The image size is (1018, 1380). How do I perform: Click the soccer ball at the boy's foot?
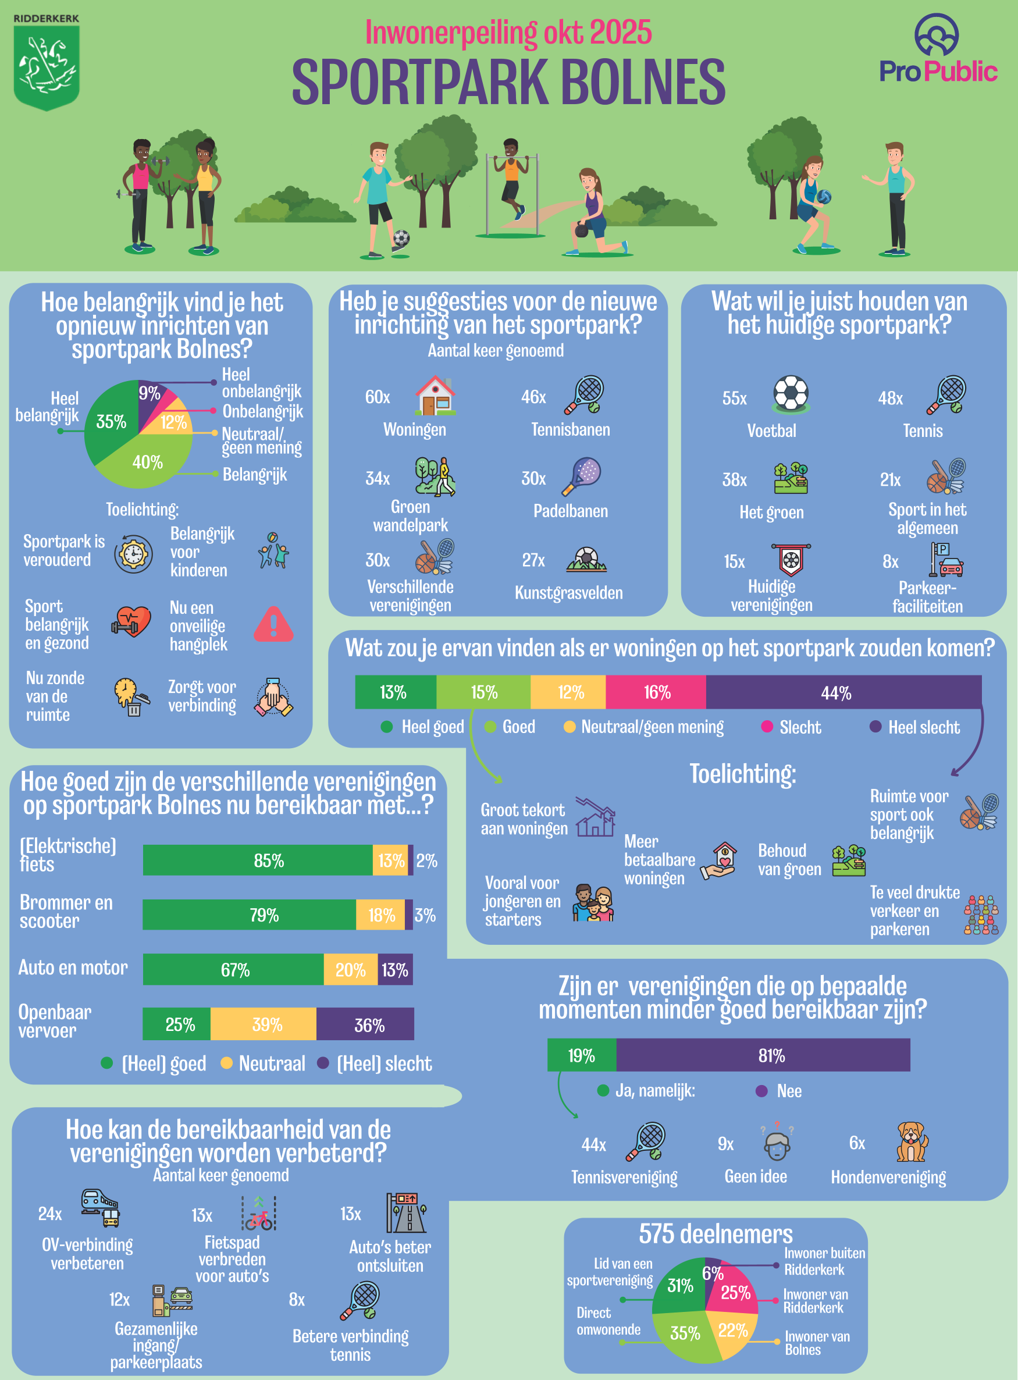click(401, 237)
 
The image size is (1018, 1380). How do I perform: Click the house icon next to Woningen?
click(435, 395)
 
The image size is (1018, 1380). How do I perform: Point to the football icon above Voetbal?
click(791, 393)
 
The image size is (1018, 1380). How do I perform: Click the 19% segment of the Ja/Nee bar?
click(581, 1055)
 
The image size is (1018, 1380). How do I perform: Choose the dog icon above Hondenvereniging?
click(912, 1142)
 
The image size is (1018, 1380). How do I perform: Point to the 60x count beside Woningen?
click(377, 397)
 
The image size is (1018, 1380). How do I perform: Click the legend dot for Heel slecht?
click(875, 727)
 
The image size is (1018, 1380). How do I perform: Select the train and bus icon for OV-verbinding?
click(101, 1207)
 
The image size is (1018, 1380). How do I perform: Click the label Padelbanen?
click(570, 511)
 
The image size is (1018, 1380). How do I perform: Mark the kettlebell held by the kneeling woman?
click(581, 230)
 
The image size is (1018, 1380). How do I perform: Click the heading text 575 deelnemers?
click(716, 1234)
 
